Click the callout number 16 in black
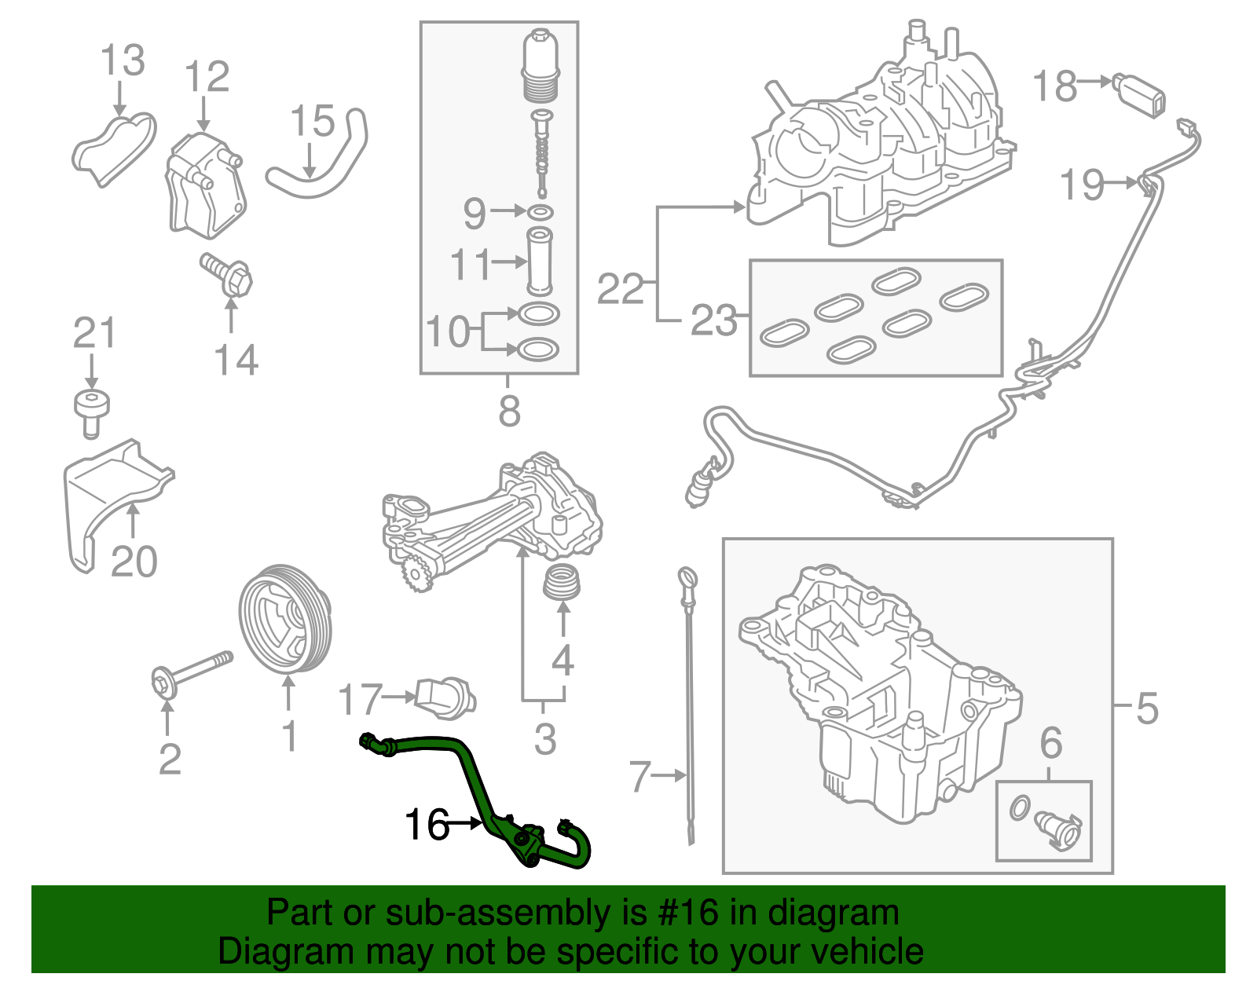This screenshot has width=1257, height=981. [x=427, y=824]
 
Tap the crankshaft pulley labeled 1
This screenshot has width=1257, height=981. [x=284, y=618]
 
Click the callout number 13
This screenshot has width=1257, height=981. [x=123, y=60]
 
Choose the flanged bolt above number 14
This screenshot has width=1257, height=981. [x=228, y=273]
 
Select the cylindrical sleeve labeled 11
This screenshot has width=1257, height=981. [x=540, y=260]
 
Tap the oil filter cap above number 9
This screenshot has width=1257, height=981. [x=540, y=66]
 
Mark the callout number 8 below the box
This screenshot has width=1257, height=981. [x=509, y=410]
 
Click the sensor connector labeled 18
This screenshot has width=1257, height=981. [x=1138, y=93]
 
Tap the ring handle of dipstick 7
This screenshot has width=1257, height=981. [x=686, y=578]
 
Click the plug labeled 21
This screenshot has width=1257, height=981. [x=92, y=409]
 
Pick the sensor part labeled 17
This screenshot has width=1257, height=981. [x=445, y=697]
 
